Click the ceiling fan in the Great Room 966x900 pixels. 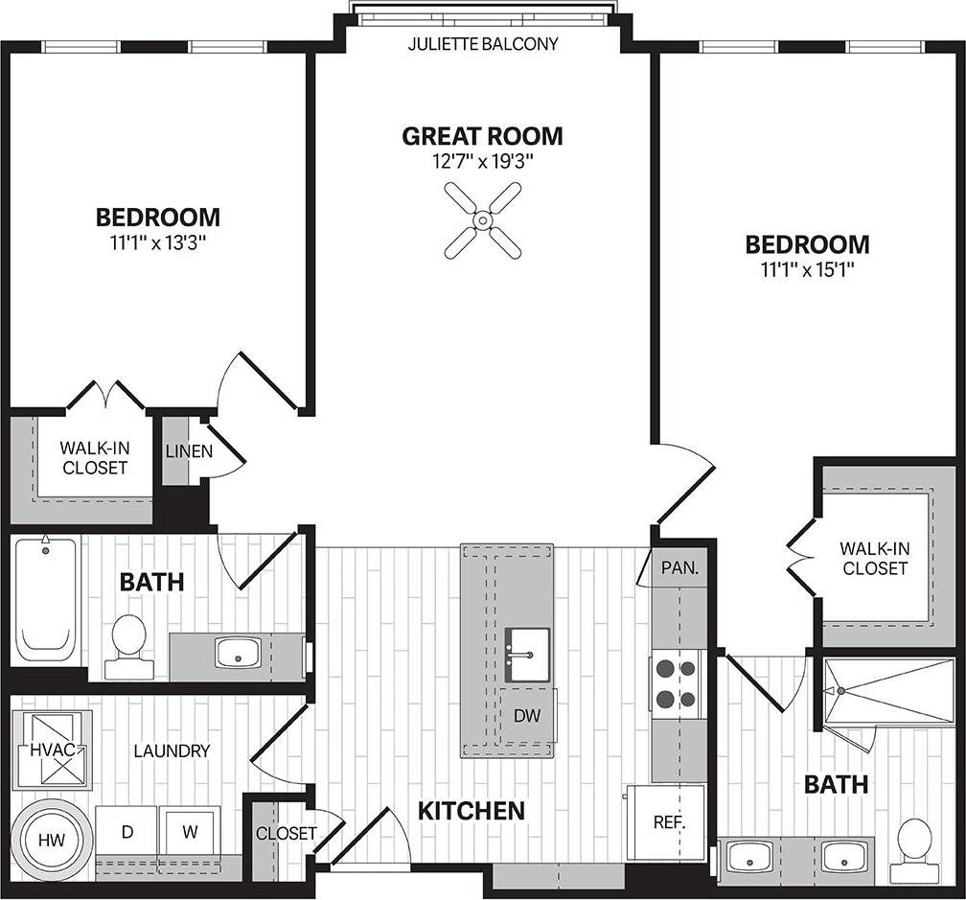pos(483,221)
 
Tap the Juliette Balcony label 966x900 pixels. pos(483,44)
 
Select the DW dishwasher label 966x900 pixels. pos(526,715)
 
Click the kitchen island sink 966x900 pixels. pos(527,654)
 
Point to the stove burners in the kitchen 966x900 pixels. pos(678,682)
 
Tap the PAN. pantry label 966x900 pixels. pos(679,567)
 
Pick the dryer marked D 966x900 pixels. pos(126,832)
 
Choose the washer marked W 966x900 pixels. pos(190,832)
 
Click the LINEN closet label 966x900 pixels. pos(189,450)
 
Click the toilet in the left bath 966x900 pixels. pos(127,639)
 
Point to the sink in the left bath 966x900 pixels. pos(237,654)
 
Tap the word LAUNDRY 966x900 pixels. pos(172,750)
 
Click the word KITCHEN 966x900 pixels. pos(471,811)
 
